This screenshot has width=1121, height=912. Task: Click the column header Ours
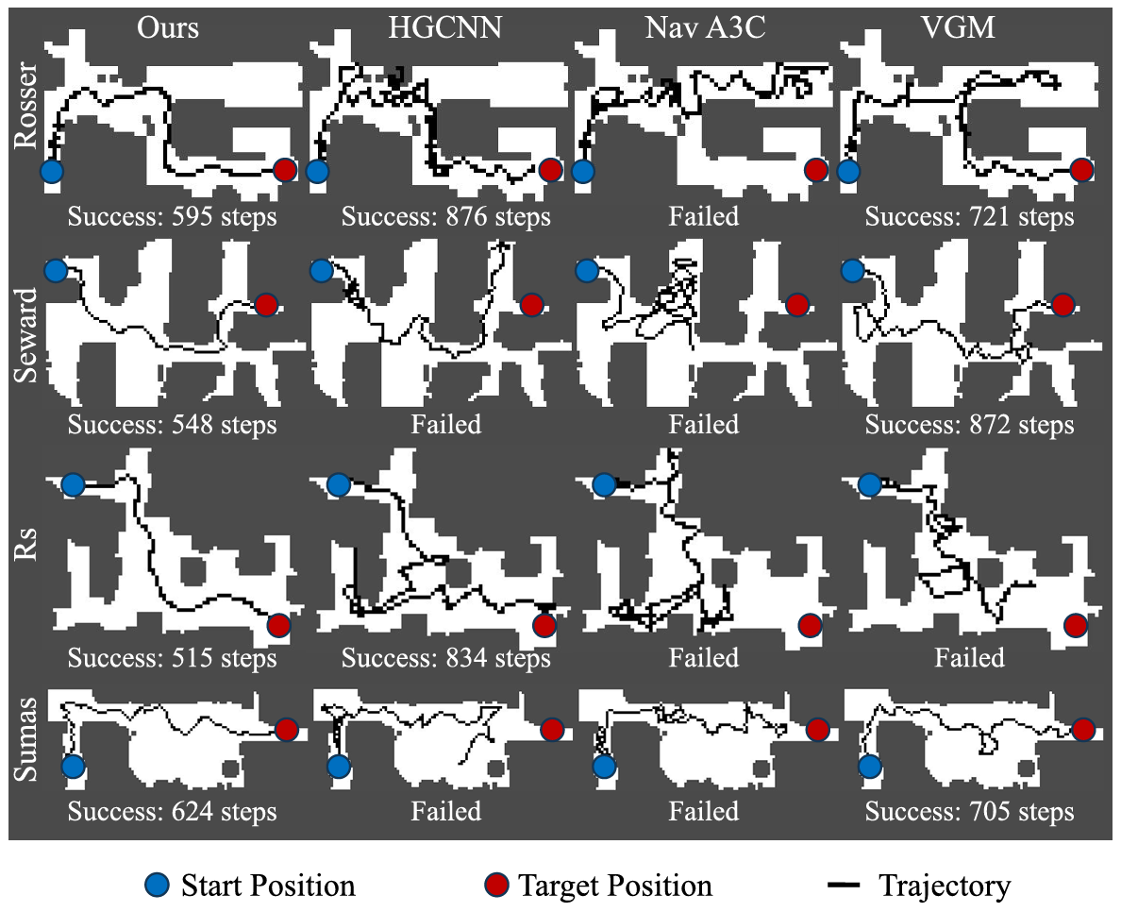coord(168,27)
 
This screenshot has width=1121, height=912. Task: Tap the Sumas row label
coord(28,738)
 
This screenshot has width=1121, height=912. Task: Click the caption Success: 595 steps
coord(173,217)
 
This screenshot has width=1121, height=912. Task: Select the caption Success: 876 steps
coord(445,217)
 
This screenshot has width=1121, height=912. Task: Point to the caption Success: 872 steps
coord(969,425)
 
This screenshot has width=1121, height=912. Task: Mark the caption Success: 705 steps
coord(969,812)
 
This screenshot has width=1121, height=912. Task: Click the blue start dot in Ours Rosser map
coord(51,171)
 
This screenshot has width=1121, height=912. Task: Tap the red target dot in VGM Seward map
coord(1063,305)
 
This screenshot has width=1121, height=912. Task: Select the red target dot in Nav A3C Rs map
coord(810,625)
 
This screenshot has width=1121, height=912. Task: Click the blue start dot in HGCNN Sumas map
coord(338,766)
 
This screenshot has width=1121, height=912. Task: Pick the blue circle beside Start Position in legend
coord(159,886)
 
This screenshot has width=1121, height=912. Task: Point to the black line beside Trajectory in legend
coord(844,886)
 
